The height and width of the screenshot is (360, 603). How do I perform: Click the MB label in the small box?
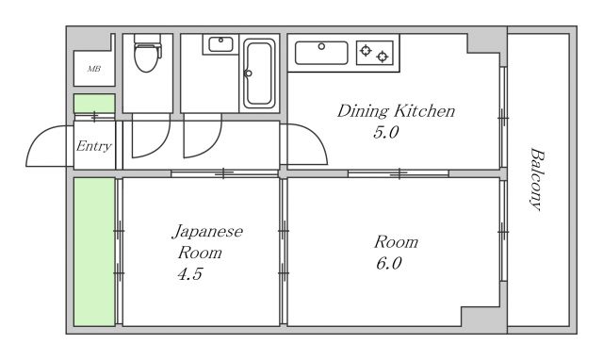tap(94, 69)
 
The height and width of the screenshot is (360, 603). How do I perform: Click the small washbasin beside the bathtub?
tap(220, 43)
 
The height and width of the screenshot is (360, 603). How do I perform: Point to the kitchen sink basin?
tap(321, 52)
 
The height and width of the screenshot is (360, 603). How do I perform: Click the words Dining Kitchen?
tap(396, 112)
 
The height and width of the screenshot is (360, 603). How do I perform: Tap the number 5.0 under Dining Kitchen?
tap(386, 133)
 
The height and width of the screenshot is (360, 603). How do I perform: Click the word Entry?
tap(93, 146)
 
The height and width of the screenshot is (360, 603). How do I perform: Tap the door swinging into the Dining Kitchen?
tap(303, 146)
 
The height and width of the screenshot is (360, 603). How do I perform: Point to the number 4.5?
tap(187, 275)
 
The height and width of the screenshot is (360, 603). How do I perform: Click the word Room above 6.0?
tap(396, 242)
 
